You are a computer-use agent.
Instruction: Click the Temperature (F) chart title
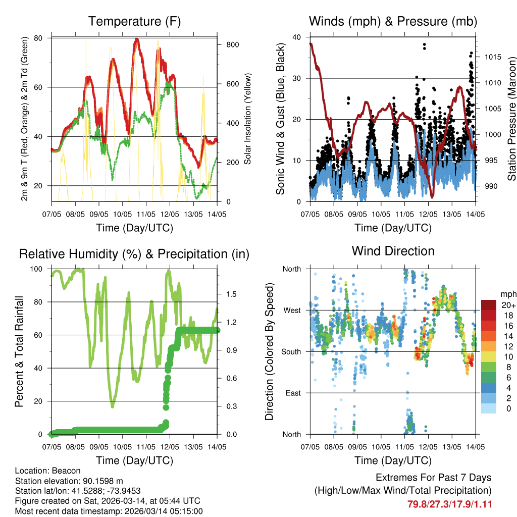pyautogui.click(x=134, y=21)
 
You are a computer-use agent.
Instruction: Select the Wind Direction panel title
pyautogui.click(x=393, y=251)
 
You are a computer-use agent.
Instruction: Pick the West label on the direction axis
pyautogui.click(x=291, y=310)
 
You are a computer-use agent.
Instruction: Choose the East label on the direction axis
pyautogui.click(x=292, y=393)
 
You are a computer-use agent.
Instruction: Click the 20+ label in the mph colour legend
pyautogui.click(x=508, y=305)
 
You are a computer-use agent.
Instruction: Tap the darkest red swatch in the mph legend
pyautogui.click(x=488, y=305)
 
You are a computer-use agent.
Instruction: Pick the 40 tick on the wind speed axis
pyautogui.click(x=297, y=37)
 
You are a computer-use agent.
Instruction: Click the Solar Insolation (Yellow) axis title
pyautogui.click(x=248, y=120)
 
